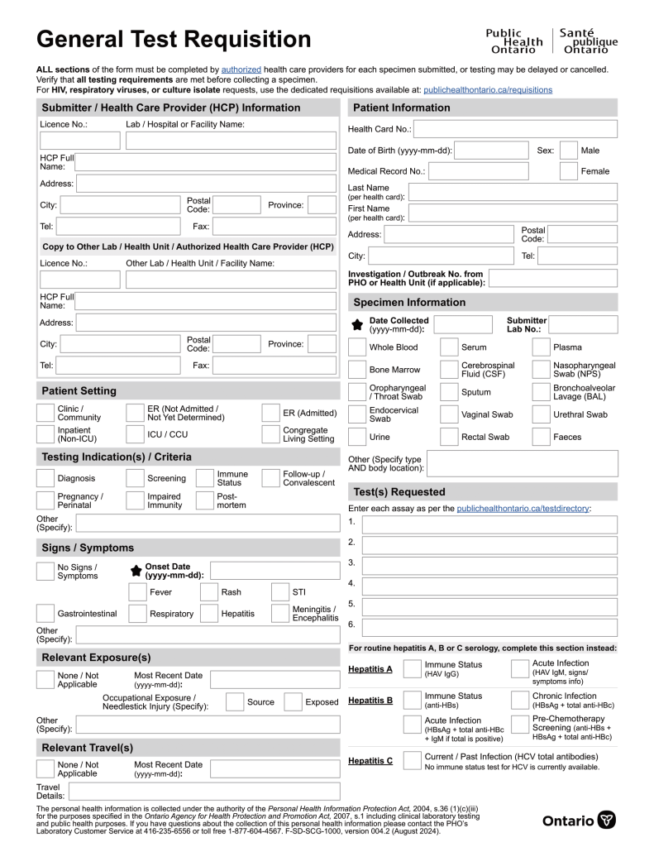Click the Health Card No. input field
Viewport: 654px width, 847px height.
point(514,129)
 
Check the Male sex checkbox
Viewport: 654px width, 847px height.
point(568,151)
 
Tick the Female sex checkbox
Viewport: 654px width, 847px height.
point(568,171)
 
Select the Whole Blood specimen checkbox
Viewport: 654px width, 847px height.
point(356,347)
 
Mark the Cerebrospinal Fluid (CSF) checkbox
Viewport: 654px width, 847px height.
point(449,370)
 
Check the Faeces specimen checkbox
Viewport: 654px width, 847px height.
point(541,437)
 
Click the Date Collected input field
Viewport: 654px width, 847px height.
point(462,324)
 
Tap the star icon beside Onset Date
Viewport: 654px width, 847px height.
point(136,571)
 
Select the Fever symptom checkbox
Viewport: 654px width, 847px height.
point(137,592)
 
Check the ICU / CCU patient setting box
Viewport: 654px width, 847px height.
point(135,434)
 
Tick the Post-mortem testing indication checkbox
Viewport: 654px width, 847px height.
point(204,500)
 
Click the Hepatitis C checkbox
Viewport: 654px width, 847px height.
point(412,761)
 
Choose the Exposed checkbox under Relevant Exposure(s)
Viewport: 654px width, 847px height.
point(293,702)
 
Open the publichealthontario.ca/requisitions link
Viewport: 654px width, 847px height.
point(487,89)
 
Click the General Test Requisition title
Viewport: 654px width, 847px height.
point(174,39)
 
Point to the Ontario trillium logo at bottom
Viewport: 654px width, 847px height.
point(607,821)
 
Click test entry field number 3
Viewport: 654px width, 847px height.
point(489,566)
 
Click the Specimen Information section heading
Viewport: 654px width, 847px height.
point(409,303)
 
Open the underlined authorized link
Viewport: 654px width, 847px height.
point(241,69)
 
